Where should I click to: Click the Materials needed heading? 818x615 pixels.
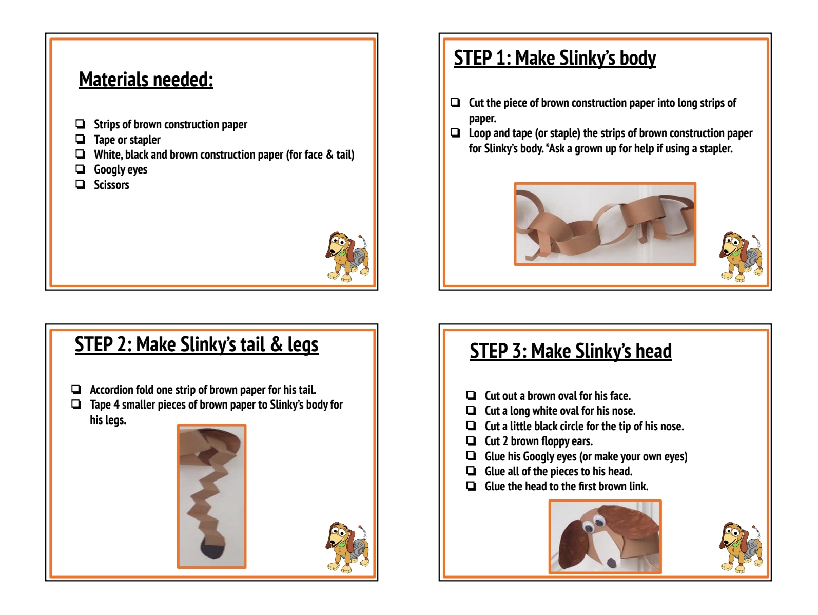tap(146, 80)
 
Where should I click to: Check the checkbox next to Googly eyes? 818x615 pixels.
tap(80, 169)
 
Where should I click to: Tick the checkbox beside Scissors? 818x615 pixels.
tap(80, 184)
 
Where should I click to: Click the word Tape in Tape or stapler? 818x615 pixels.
tap(104, 140)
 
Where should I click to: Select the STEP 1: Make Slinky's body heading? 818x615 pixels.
tap(555, 58)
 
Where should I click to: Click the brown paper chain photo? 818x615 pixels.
tap(605, 224)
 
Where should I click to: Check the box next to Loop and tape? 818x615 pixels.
tap(455, 133)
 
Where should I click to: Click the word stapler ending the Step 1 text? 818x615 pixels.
tap(716, 149)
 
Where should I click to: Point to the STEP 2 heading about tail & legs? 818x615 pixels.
tap(197, 344)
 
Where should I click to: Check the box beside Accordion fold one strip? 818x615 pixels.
tap(76, 389)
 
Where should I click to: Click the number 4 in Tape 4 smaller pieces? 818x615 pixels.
tap(116, 405)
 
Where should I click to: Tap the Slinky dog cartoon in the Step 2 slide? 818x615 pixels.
tap(346, 547)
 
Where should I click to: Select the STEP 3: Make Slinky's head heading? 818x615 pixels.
tap(571, 351)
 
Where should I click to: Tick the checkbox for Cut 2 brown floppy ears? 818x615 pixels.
tap(471, 441)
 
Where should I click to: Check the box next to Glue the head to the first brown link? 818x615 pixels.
tap(471, 486)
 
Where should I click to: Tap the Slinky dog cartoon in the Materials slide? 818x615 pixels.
tap(346, 256)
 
